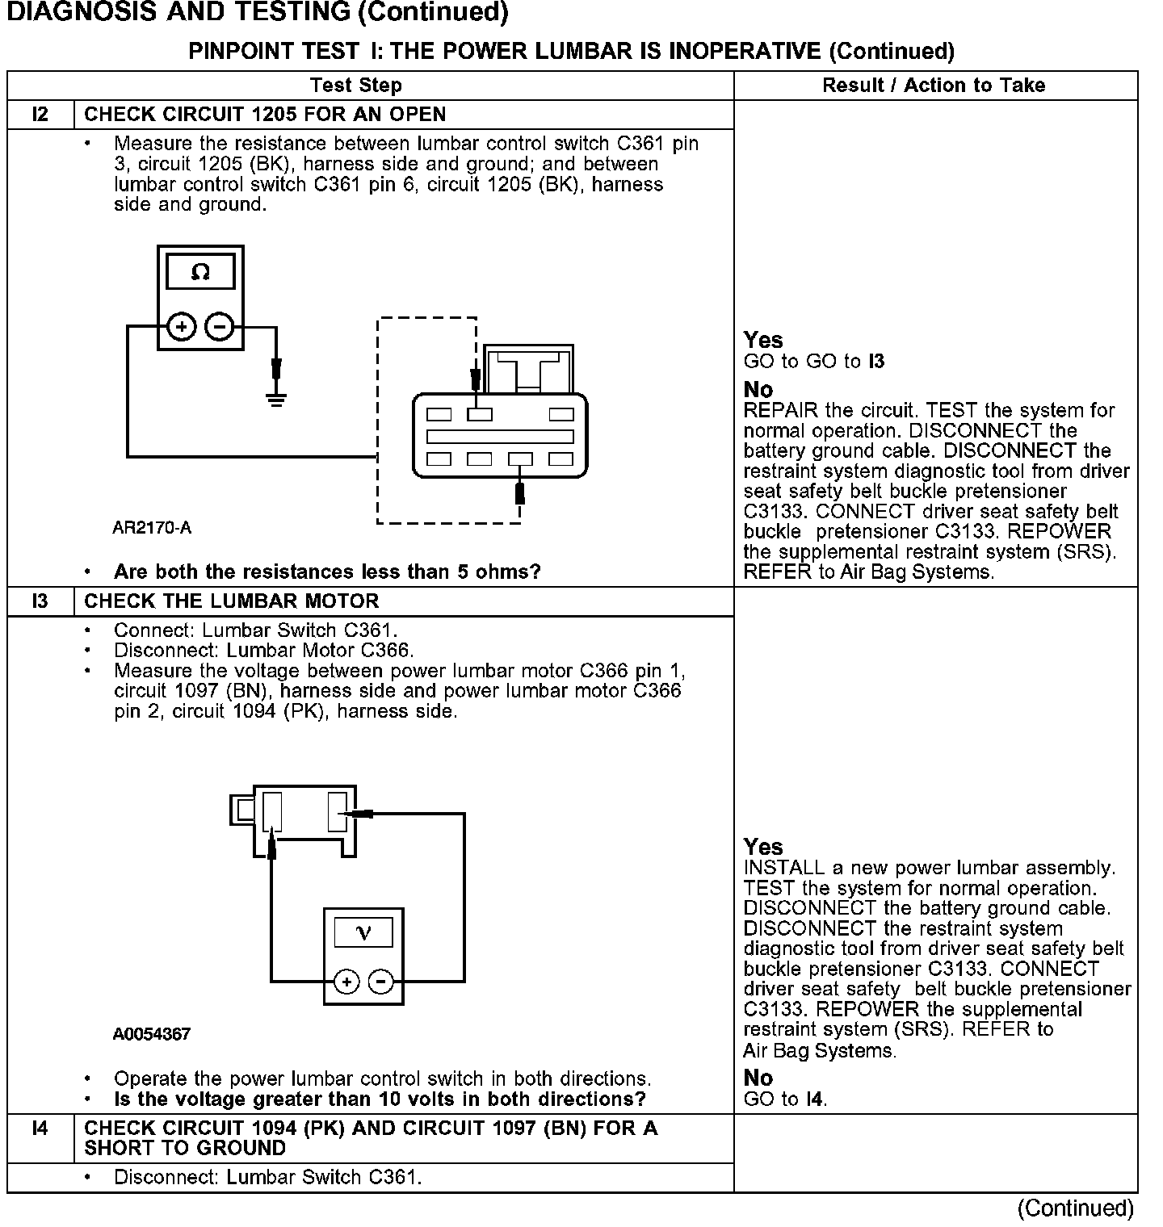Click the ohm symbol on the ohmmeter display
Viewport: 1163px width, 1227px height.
(x=200, y=273)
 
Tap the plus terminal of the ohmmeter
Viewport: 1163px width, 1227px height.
(x=182, y=327)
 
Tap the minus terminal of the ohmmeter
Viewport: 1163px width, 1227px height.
(x=220, y=327)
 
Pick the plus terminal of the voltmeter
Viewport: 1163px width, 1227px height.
(x=346, y=982)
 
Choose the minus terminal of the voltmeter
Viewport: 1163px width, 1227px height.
(x=381, y=982)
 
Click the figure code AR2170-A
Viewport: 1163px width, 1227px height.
(x=152, y=529)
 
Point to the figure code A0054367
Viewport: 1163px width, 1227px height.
(x=152, y=1034)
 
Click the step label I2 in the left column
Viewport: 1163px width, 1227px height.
(x=40, y=115)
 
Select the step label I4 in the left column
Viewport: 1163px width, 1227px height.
(x=40, y=1129)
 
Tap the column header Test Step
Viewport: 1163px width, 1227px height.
(x=356, y=86)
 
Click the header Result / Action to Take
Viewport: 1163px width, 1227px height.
(x=934, y=86)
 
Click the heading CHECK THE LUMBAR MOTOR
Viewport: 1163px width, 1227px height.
(x=232, y=601)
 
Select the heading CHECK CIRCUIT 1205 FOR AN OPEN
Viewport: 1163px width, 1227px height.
(x=265, y=115)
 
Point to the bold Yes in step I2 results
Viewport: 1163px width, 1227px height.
(x=763, y=340)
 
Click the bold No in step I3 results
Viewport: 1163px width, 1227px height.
(x=758, y=1078)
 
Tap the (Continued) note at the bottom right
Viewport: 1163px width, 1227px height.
(x=1076, y=1208)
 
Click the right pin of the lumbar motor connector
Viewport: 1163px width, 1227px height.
(x=337, y=812)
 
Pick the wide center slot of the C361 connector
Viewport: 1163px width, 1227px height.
(x=500, y=437)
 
